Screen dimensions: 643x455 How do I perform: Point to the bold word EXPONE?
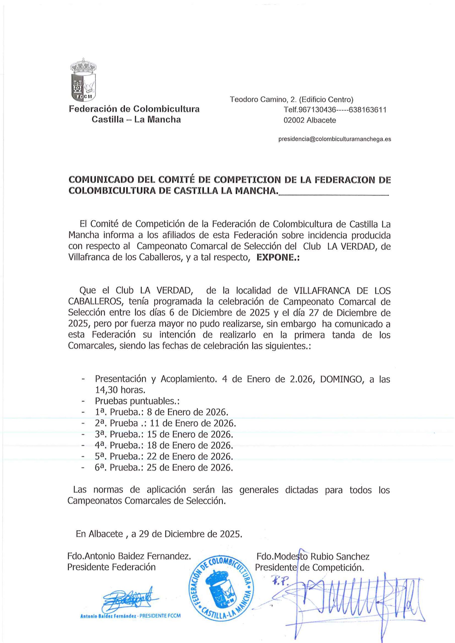[x=278, y=258]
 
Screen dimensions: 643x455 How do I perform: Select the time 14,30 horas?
[x=120, y=390]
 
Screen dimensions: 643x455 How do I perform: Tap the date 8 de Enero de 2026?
[x=187, y=412]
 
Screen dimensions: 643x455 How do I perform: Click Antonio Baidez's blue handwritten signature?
[x=129, y=600]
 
